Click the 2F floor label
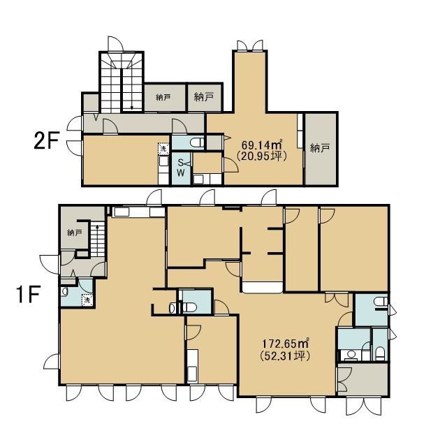pyautogui.click(x=46, y=141)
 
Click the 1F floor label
pyautogui.click(x=29, y=295)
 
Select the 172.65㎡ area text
pyautogui.click(x=286, y=344)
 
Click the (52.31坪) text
pyautogui.click(x=286, y=356)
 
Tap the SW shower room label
pyautogui.click(x=181, y=168)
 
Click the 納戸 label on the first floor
pyautogui.click(x=75, y=233)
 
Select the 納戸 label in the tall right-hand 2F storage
pyautogui.click(x=320, y=148)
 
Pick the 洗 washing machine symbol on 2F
pyautogui.click(x=163, y=149)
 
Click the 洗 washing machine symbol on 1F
pyautogui.click(x=87, y=300)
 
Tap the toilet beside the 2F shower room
pyautogui.click(x=198, y=142)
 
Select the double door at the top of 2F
pyautogui.click(x=250, y=45)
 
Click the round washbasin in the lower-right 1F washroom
pyautogui.click(x=352, y=354)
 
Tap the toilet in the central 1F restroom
pyautogui.click(x=189, y=307)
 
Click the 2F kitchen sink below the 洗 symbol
pyautogui.click(x=163, y=162)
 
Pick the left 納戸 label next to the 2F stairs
pyautogui.click(x=163, y=98)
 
